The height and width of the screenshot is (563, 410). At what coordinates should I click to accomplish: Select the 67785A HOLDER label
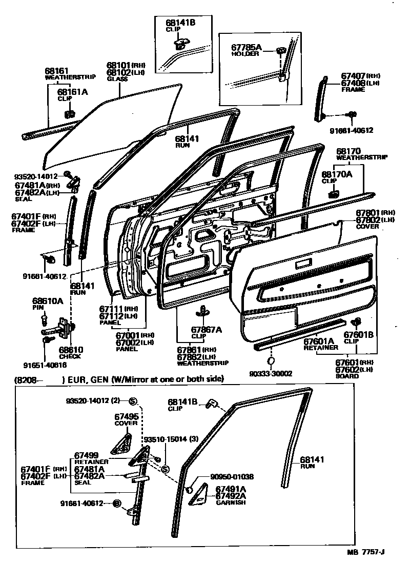247,50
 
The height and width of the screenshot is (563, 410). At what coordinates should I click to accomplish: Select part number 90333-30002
272,373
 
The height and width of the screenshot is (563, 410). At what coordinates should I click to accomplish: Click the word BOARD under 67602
347,376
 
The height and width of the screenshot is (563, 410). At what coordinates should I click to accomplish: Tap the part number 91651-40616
45,366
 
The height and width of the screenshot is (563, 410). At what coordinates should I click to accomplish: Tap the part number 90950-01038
232,476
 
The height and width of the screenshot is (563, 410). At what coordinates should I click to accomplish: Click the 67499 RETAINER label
87,458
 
